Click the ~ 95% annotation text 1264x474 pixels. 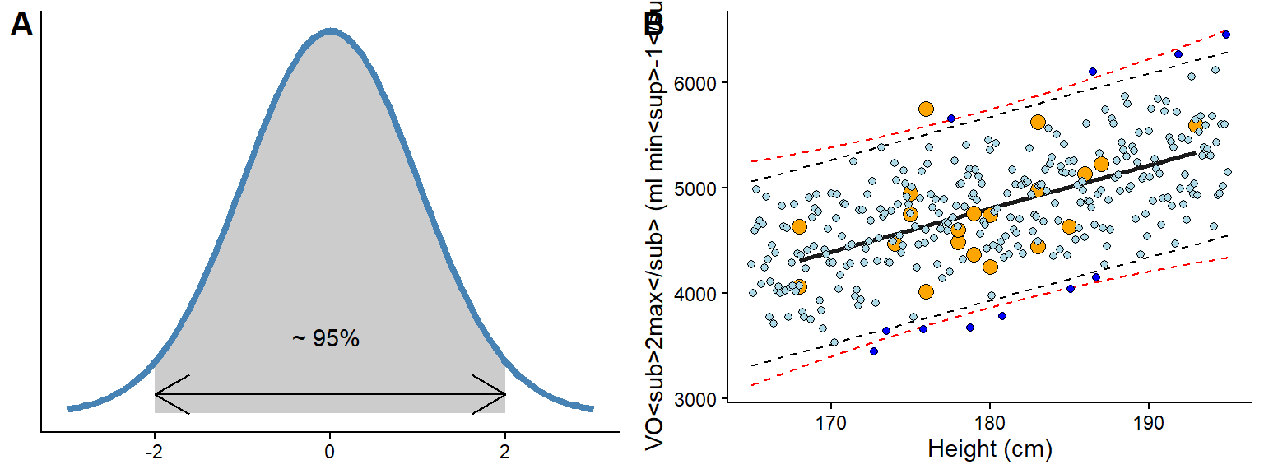tap(326, 338)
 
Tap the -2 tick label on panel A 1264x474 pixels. tap(153, 451)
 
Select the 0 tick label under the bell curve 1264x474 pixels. tap(330, 451)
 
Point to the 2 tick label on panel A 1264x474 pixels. tap(505, 451)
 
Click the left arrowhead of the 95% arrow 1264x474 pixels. tap(157, 394)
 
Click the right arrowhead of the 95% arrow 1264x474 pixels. tap(503, 394)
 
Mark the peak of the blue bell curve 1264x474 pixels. tap(330, 31)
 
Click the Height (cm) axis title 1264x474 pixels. tap(990, 449)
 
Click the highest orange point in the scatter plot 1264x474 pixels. tap(926, 109)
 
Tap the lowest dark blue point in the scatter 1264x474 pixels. tap(874, 351)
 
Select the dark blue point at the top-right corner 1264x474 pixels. tap(1226, 34)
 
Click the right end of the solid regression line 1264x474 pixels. tap(1194, 153)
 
